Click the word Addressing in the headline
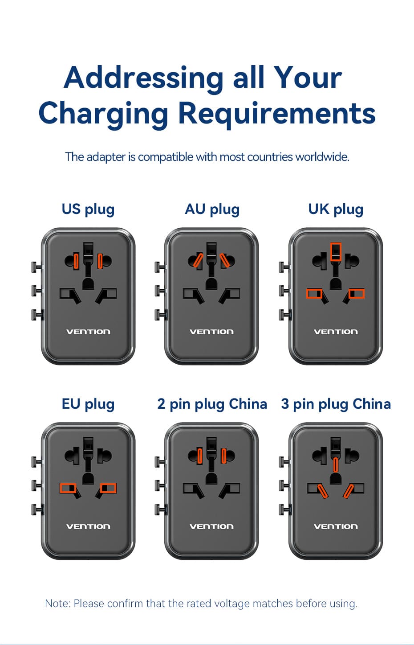tap(143, 78)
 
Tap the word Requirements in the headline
tap(277, 114)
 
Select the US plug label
tap(88, 210)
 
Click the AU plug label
tap(212, 210)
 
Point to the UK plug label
tap(336, 210)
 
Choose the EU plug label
tap(88, 404)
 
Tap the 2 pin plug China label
tap(212, 404)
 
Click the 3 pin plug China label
tap(336, 404)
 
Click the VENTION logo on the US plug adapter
tap(88, 332)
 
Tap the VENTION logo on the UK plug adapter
tap(336, 332)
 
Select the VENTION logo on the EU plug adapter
tap(88, 527)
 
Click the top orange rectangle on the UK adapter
tap(336, 252)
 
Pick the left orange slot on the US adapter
tap(76, 261)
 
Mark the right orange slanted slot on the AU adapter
tap(224, 260)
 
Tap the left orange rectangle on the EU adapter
tap(68, 488)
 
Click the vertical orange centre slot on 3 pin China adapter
tap(335, 465)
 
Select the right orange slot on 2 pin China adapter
tap(223, 456)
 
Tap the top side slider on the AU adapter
tap(159, 267)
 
